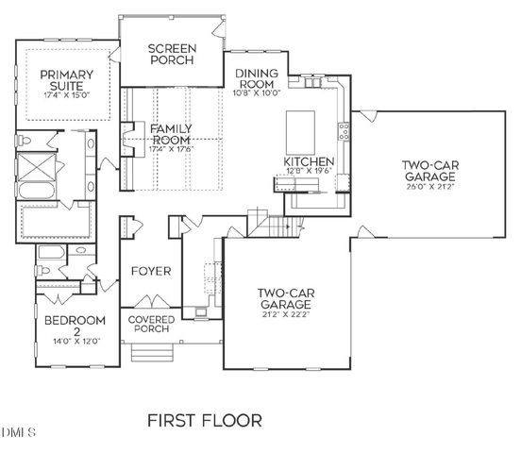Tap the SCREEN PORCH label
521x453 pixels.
click(x=171, y=54)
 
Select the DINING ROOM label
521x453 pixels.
click(x=255, y=79)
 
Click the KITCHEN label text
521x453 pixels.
click(x=309, y=162)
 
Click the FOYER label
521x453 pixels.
click(x=151, y=271)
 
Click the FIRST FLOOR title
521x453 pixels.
click(x=204, y=418)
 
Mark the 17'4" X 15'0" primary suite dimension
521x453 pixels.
click(x=65, y=94)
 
